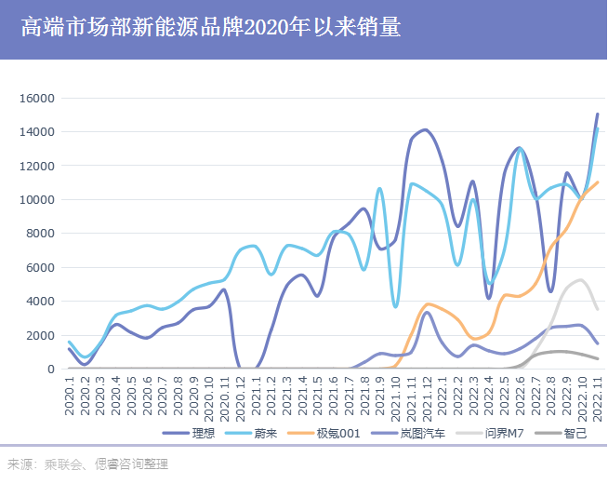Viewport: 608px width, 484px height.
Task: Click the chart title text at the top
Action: click(210, 29)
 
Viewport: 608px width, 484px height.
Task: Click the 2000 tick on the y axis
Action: click(41, 335)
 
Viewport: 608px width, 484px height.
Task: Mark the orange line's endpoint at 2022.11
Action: click(598, 181)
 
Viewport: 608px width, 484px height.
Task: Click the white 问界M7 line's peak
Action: click(580, 279)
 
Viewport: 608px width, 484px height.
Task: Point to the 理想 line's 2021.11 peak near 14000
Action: click(424, 129)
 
